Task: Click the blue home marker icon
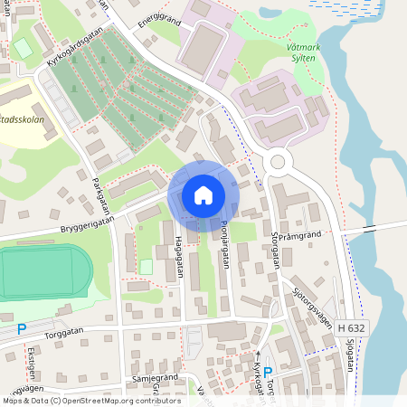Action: coord(203,194)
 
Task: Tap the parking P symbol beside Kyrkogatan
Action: coord(268,372)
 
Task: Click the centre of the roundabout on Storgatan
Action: coord(278,164)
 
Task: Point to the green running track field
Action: coord(41,273)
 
